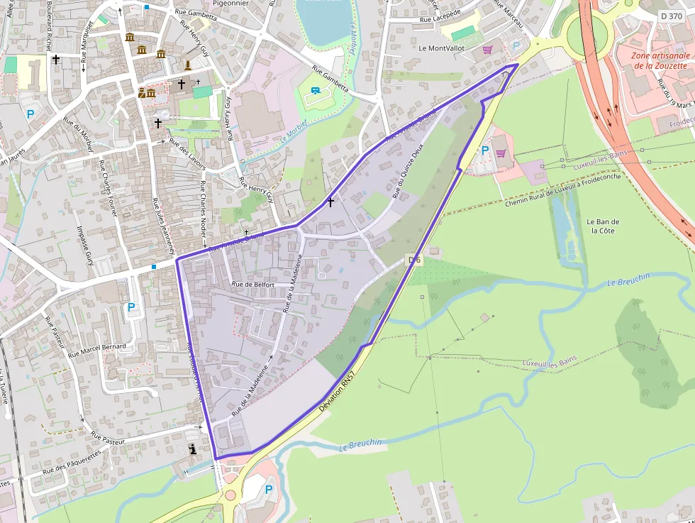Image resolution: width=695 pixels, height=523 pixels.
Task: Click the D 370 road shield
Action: tap(671, 16)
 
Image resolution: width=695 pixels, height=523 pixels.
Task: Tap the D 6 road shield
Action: tap(415, 260)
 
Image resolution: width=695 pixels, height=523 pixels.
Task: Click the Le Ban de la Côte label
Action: tap(603, 226)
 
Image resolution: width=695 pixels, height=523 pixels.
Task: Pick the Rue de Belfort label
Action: tap(252, 284)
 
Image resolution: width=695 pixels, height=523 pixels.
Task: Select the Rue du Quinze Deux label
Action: tap(407, 170)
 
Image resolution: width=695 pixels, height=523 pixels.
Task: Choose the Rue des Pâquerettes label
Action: tap(72, 463)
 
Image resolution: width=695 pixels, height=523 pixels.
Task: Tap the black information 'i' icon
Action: tap(193, 448)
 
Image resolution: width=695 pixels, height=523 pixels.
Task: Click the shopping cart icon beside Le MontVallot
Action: tap(486, 49)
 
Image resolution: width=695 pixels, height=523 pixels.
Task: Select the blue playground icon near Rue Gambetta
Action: tap(315, 90)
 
